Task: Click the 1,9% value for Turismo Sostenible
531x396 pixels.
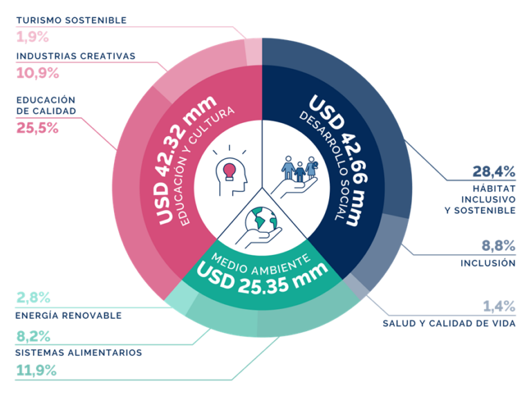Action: [x=30, y=37]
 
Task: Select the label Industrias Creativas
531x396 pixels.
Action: [x=75, y=55]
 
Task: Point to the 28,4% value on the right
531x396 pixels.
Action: [x=494, y=171]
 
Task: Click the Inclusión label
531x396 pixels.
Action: [x=487, y=263]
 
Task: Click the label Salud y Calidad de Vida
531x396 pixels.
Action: [x=448, y=323]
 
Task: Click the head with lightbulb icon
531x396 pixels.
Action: [x=231, y=169]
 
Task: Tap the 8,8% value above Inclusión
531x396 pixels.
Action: [x=497, y=245]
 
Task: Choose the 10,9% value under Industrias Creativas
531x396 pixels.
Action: [x=37, y=73]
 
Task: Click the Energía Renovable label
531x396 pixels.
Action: [x=68, y=315]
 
